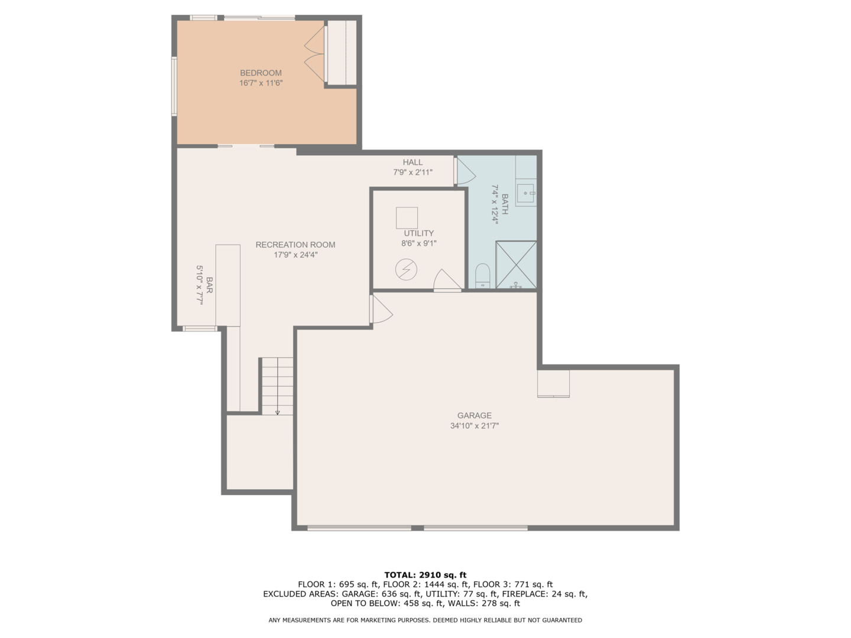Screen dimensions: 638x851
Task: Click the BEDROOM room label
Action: (x=261, y=73)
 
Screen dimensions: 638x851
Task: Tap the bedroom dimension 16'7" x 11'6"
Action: (x=261, y=83)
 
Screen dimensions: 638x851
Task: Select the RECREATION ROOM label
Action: (x=295, y=245)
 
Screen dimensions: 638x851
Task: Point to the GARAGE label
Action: (x=474, y=415)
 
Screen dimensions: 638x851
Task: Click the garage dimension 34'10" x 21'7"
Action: (x=474, y=425)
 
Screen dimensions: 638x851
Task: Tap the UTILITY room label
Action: (x=418, y=233)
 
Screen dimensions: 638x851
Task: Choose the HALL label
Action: (x=412, y=162)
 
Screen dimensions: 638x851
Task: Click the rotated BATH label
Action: (x=505, y=204)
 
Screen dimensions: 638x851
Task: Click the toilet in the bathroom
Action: (x=483, y=276)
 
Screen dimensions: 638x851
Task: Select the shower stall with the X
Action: (x=516, y=265)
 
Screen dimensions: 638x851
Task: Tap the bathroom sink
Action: (x=525, y=193)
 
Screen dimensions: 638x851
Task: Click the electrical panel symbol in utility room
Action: (x=406, y=270)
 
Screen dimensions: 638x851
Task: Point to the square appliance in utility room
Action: (x=407, y=217)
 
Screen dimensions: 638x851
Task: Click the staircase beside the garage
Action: (x=277, y=386)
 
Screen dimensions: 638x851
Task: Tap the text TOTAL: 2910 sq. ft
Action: (x=425, y=575)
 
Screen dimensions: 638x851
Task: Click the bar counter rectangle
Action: (x=228, y=285)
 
